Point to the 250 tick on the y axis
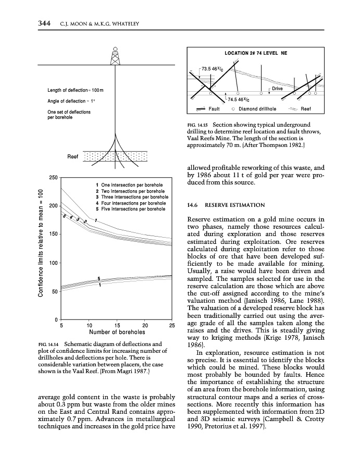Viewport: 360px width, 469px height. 53,178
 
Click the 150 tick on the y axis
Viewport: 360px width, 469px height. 53,234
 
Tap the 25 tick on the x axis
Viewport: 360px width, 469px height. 172,325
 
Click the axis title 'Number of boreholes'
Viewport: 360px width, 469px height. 117,332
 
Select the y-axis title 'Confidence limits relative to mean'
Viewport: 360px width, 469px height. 41,244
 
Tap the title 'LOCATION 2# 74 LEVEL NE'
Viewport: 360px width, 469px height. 256,54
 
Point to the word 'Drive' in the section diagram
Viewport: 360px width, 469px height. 278,89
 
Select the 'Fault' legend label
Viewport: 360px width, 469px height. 214,109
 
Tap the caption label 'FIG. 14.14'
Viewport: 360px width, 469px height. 49,344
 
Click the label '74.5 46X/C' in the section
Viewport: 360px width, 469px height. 239,99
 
